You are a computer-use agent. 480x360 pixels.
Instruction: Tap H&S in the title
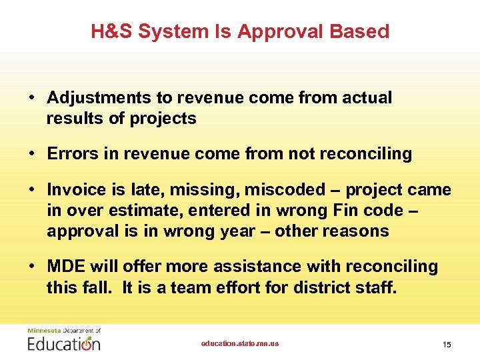pos(112,31)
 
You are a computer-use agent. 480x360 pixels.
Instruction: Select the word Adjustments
pos(99,98)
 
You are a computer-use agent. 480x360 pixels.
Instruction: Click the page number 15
pos(447,345)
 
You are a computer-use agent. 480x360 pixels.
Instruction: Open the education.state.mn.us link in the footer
pos(240,344)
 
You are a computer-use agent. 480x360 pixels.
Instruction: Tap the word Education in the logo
pos(64,344)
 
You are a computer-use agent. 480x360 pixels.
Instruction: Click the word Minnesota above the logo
pos(43,330)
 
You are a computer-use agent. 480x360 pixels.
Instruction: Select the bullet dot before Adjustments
pos(32,98)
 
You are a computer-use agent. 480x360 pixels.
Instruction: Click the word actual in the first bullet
pos(367,98)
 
